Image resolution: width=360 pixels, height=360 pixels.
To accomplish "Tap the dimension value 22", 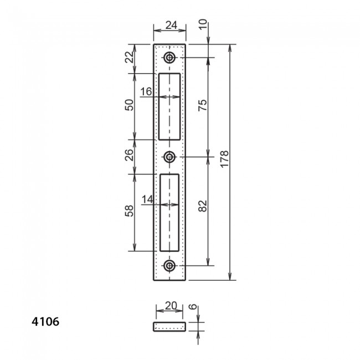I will (128, 57).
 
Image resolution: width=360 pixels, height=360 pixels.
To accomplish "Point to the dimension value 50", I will (128, 106).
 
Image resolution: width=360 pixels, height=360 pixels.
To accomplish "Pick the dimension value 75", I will (202, 105).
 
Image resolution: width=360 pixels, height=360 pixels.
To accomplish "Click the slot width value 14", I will (147, 199).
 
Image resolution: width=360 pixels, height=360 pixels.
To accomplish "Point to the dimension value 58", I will (128, 211).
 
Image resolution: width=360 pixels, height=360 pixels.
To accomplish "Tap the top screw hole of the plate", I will (169, 58).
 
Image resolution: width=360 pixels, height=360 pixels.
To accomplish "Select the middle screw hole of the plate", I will (169, 157).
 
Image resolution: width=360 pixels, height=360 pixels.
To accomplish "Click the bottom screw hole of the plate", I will (169, 266).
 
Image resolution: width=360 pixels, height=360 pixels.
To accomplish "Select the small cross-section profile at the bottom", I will (169, 326).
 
